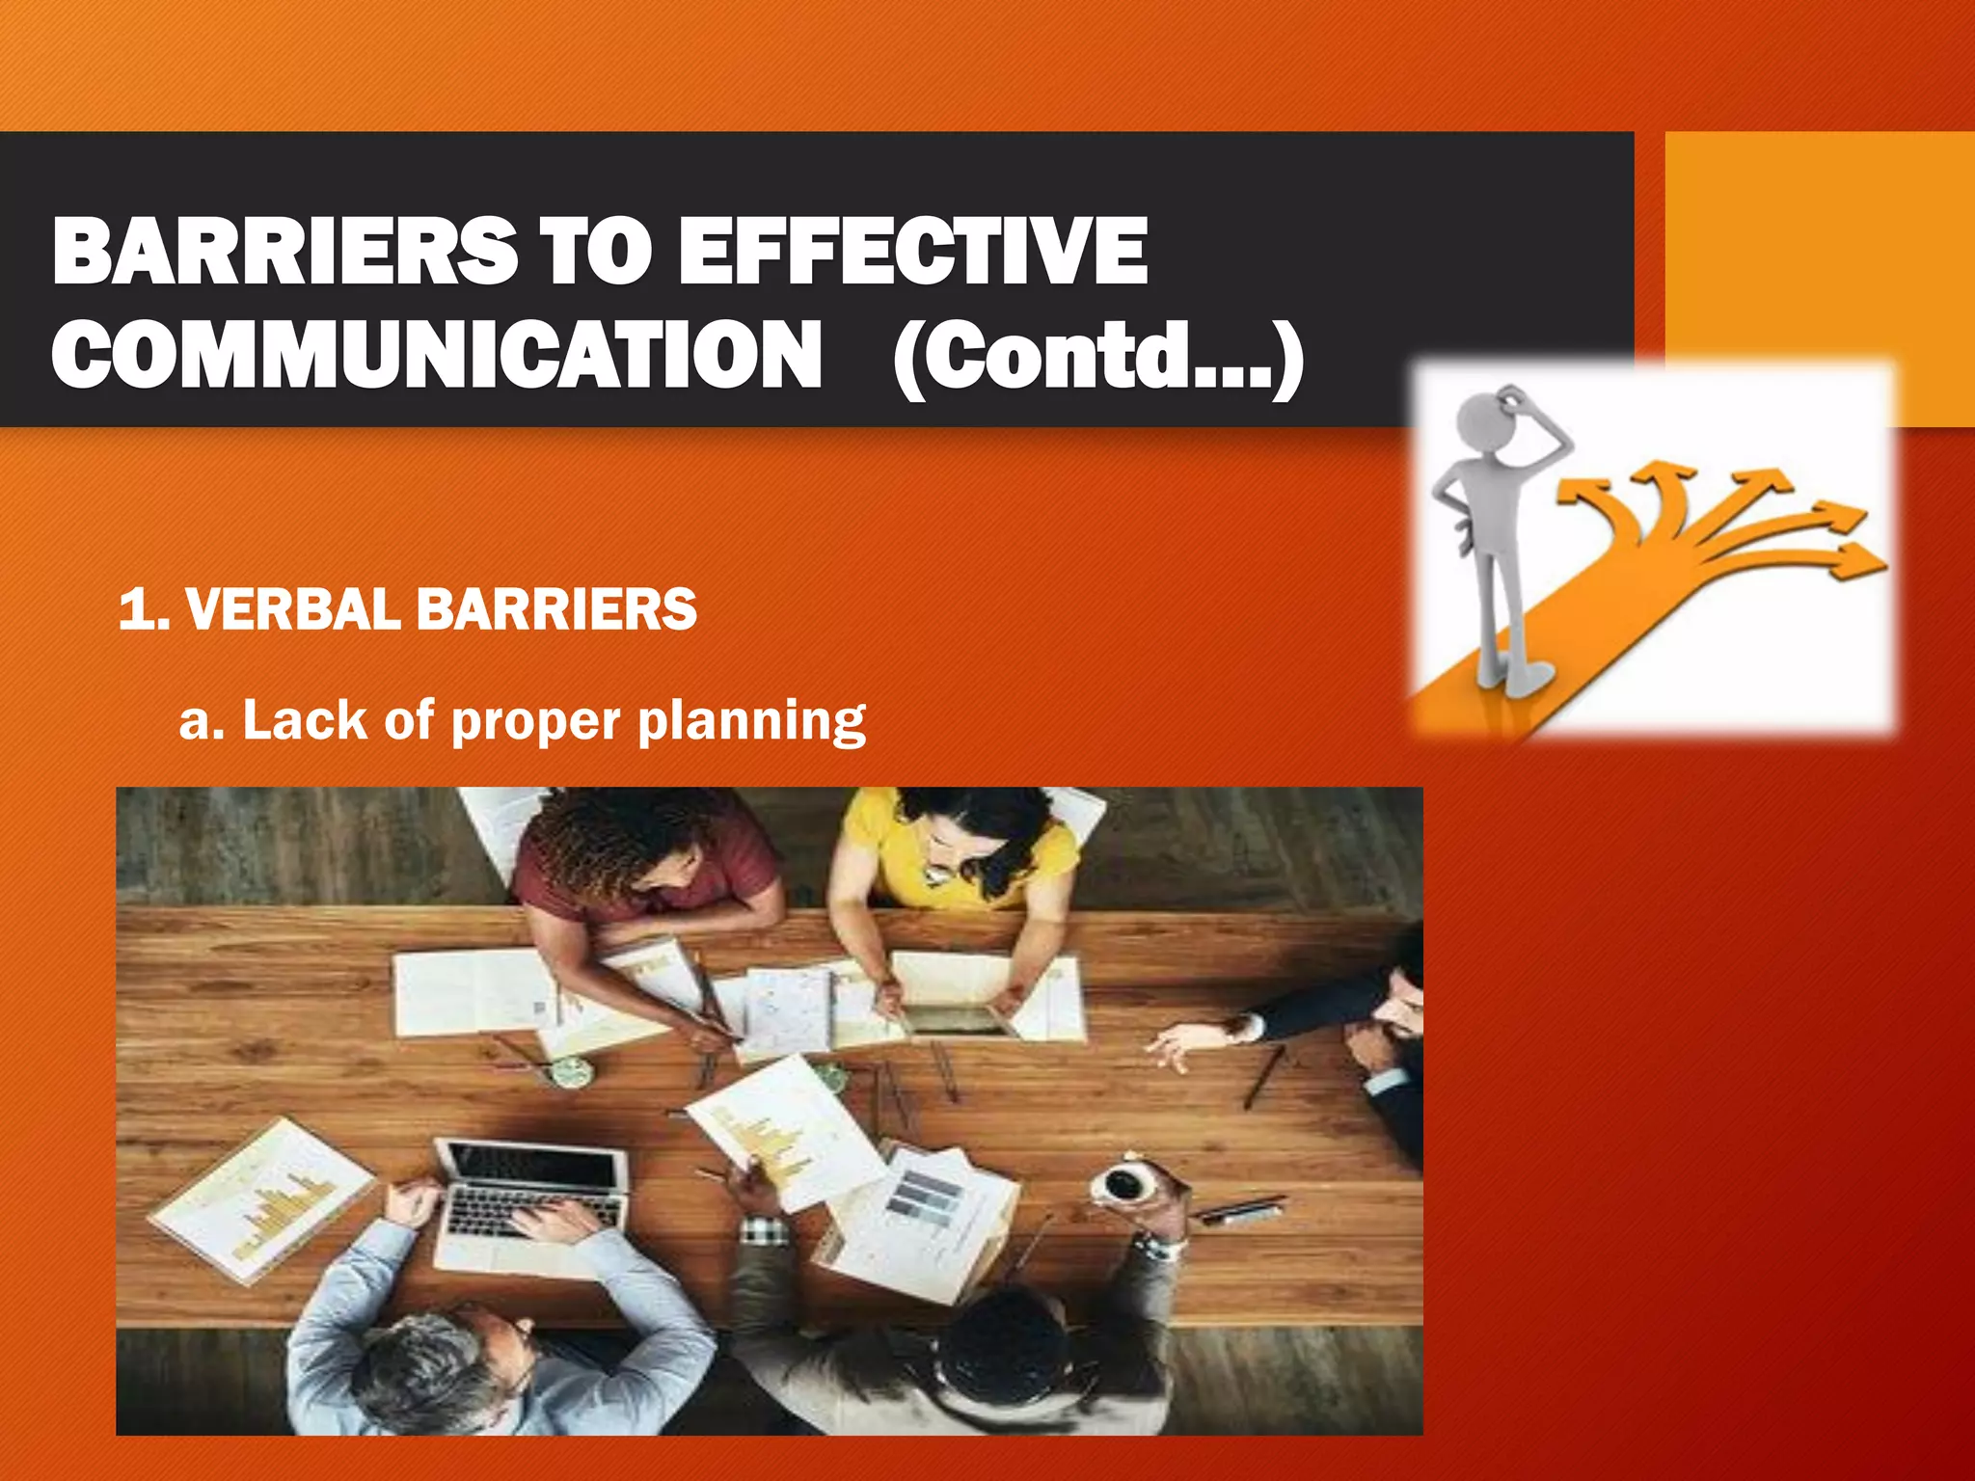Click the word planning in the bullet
tap(751, 721)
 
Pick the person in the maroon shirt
tap(646, 868)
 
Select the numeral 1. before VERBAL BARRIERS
tap(143, 609)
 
